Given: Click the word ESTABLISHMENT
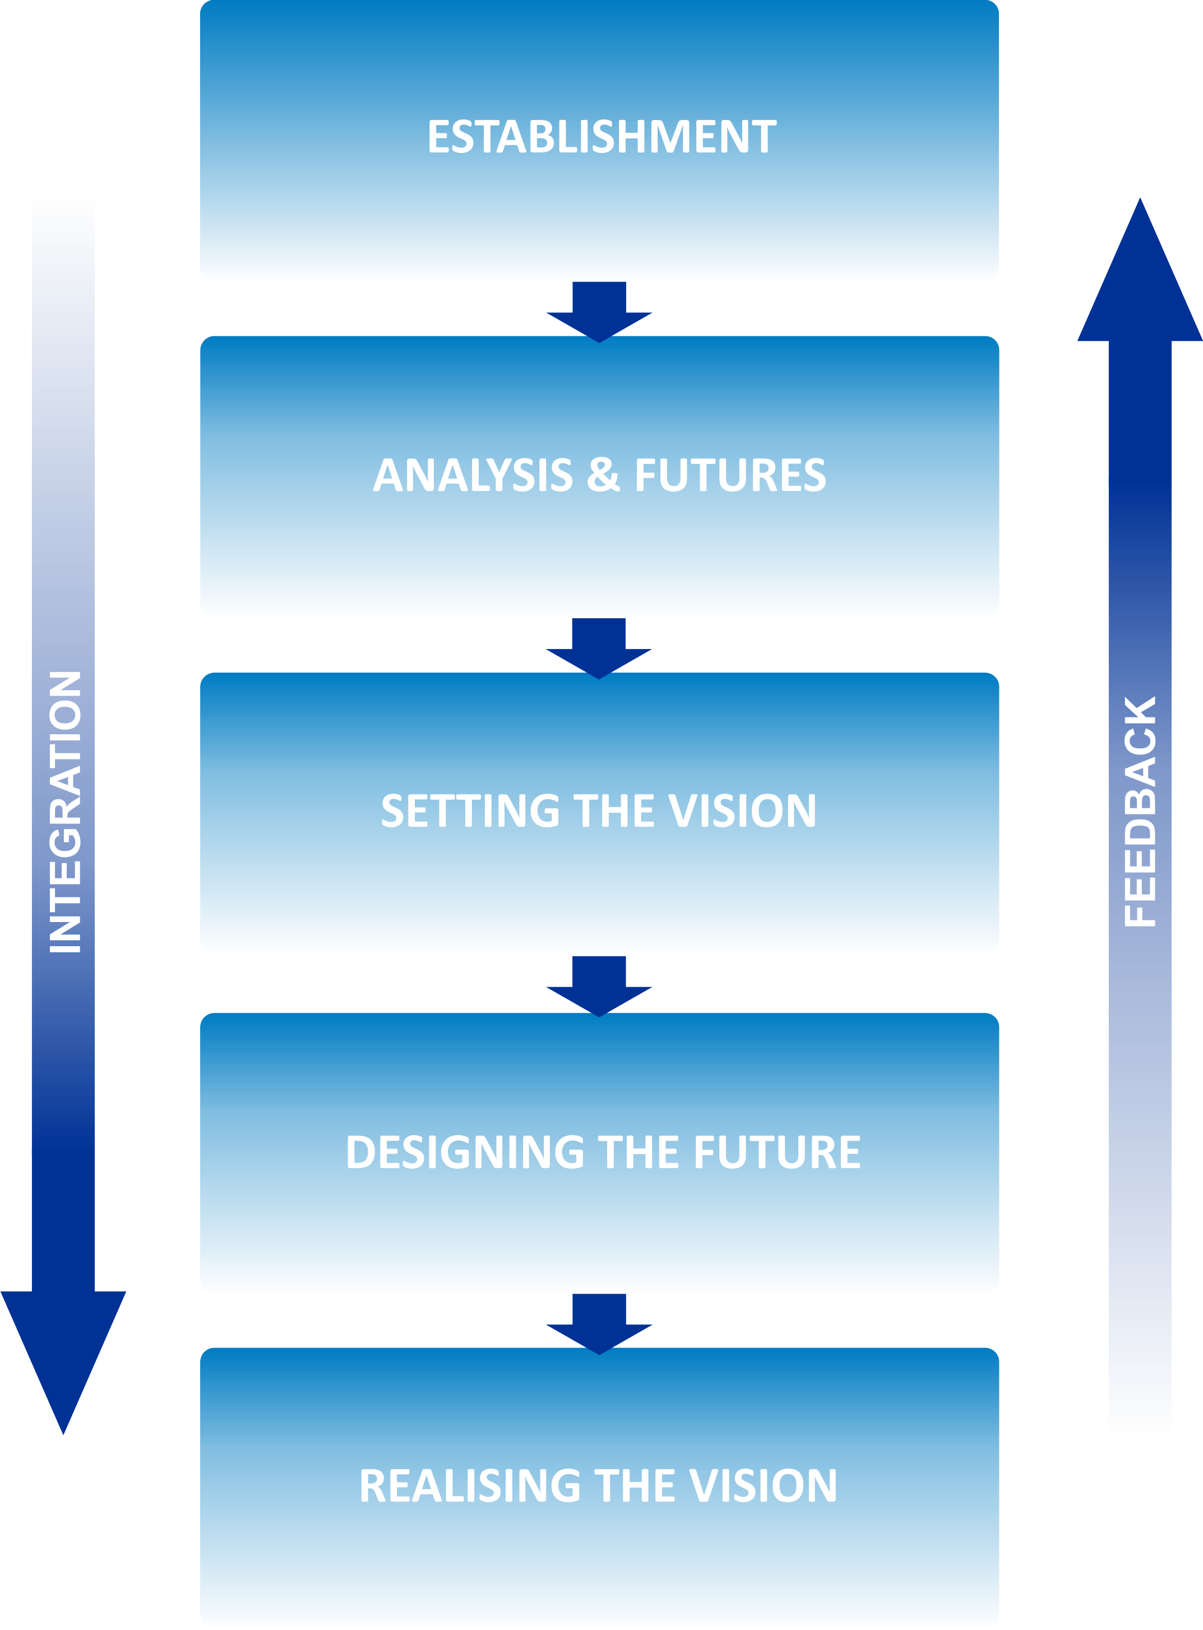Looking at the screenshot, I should tap(602, 137).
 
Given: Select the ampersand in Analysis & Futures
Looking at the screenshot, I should tap(603, 475).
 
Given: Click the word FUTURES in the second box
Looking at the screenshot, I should tap(730, 475).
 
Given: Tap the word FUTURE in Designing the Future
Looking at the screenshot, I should tap(777, 1152).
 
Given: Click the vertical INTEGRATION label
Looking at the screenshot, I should tap(64, 812).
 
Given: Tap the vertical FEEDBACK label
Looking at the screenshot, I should tap(1140, 812).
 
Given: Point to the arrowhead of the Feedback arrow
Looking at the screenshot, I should tap(1140, 277).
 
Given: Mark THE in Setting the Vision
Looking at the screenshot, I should tap(614, 811).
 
